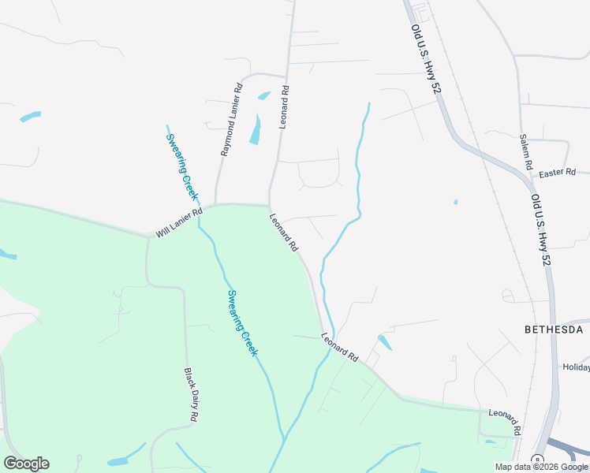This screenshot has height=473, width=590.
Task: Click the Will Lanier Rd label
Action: click(179, 222)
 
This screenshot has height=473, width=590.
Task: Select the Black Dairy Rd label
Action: click(190, 394)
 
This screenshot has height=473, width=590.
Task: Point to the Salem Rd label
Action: click(526, 152)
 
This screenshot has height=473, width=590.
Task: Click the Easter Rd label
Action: click(558, 172)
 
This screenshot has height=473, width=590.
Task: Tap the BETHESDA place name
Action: click(554, 330)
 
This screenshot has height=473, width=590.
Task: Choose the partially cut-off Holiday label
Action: click(576, 367)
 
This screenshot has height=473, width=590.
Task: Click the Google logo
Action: click(26, 464)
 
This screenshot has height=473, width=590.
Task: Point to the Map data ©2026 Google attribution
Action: click(541, 467)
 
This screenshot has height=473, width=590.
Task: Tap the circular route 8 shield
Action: click(537, 460)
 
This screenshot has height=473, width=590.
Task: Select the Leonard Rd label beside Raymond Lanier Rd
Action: click(284, 107)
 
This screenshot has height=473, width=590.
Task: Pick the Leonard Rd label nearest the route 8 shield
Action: click(505, 422)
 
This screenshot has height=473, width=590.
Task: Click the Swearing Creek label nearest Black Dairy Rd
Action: click(242, 323)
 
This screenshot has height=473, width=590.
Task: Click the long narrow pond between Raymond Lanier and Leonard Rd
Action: click(256, 130)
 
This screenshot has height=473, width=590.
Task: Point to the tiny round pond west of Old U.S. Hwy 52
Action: click(455, 202)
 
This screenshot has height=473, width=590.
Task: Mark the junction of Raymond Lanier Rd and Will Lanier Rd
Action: click(215, 205)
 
